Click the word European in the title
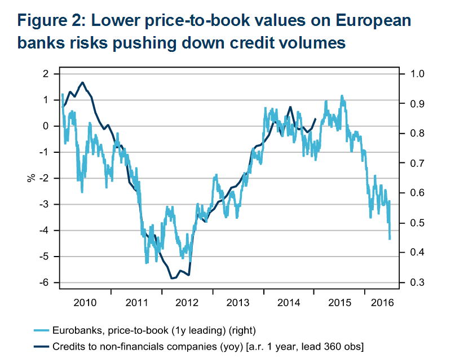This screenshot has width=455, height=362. point(371,21)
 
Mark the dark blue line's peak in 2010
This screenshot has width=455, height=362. point(83,82)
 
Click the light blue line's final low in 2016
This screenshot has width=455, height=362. point(390,239)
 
